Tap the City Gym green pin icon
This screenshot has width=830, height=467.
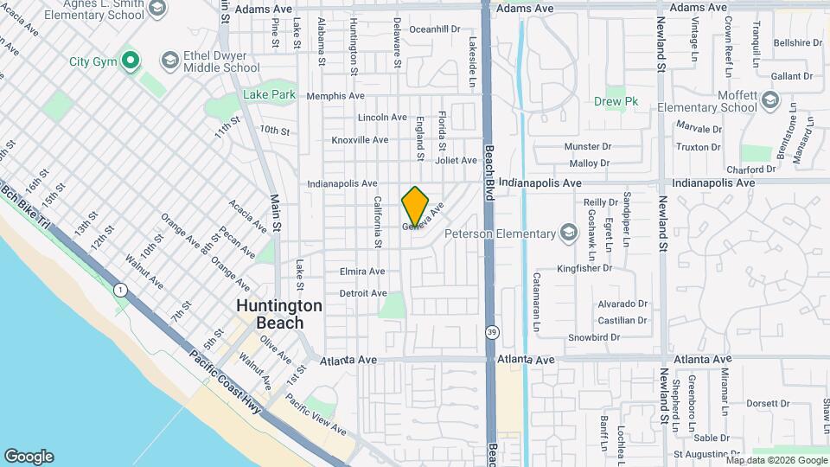tap(131, 61)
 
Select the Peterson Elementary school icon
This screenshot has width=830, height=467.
tap(568, 233)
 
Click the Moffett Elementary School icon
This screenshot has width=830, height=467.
tap(768, 103)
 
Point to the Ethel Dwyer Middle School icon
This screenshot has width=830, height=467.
tap(169, 61)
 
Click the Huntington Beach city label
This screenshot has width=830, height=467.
tap(279, 314)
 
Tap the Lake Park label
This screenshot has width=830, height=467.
tap(269, 94)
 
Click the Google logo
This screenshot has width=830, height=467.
tap(29, 457)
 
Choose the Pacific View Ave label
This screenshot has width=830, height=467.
tap(315, 415)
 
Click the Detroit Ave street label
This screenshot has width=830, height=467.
tap(362, 293)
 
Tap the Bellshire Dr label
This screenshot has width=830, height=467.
tap(797, 42)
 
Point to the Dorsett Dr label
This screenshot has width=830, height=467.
tap(762, 403)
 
